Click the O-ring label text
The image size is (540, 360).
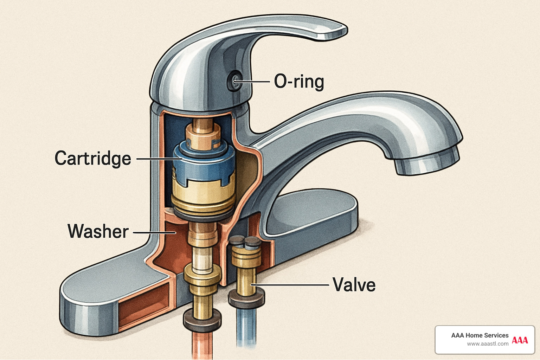[299, 82]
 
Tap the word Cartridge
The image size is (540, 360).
[93, 159]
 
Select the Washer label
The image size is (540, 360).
[98, 231]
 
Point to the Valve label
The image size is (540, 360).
[354, 285]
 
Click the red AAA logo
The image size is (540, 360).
[520, 340]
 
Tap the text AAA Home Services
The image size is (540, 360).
[480, 335]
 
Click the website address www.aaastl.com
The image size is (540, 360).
[488, 344]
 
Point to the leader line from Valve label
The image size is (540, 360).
[292, 284]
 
